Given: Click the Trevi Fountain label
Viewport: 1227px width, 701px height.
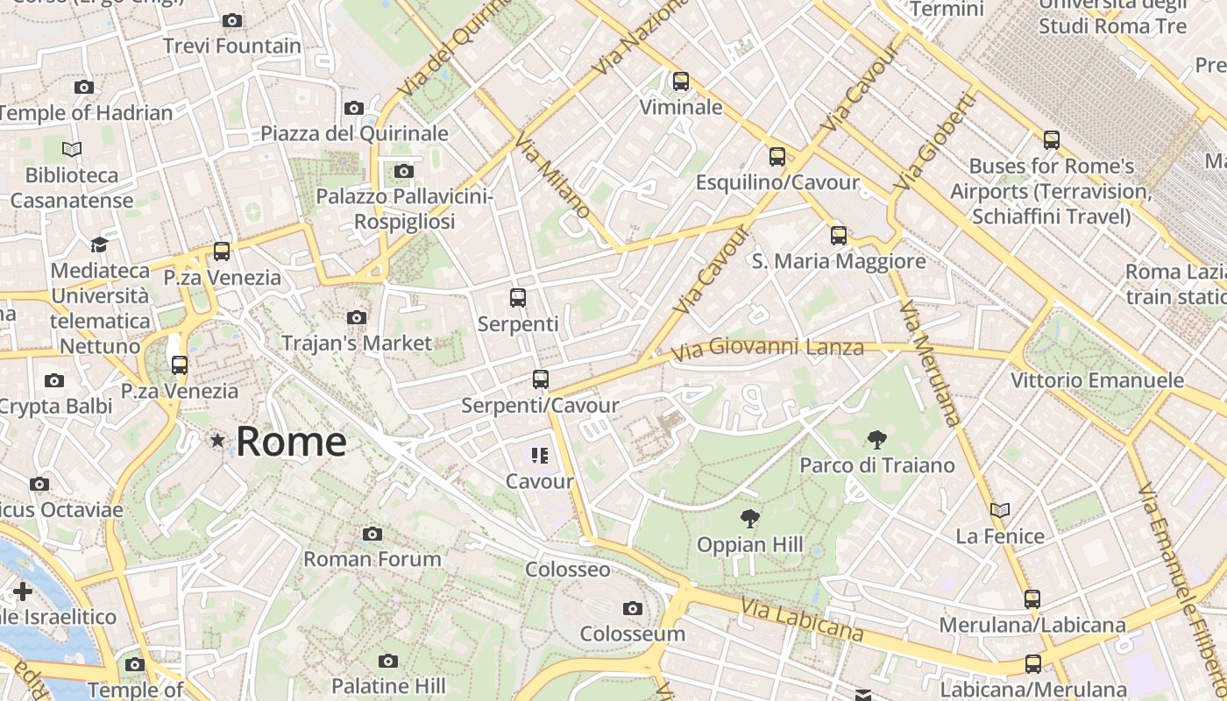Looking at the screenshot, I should [231, 46].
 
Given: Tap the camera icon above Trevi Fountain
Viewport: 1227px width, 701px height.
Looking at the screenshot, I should [232, 20].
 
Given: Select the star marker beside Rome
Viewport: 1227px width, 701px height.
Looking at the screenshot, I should [217, 440].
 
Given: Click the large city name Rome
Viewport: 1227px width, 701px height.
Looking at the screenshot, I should [291, 442].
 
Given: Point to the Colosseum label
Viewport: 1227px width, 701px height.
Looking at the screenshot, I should [632, 634].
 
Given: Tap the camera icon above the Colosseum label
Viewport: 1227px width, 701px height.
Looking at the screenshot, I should [632, 608].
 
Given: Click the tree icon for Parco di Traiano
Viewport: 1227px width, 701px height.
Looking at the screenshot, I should [876, 440].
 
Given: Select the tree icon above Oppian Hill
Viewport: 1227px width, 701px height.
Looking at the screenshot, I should [749, 519].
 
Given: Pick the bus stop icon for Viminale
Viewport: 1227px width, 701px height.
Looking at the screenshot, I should [681, 81].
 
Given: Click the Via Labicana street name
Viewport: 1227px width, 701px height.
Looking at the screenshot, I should [802, 620].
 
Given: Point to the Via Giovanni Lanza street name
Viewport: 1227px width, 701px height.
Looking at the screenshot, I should [768, 350].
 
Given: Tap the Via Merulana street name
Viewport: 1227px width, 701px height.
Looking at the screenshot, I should [929, 364].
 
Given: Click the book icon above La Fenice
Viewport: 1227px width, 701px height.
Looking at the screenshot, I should [1000, 510].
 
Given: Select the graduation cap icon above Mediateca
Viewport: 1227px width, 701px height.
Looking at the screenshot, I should [99, 244].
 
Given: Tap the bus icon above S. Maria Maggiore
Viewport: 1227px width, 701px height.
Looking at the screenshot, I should [839, 235].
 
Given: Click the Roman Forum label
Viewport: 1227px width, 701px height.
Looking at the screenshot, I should [372, 559].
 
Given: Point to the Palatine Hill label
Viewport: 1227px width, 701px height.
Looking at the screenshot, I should [388, 685].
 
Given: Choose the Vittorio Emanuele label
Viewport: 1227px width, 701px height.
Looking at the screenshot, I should [1097, 380].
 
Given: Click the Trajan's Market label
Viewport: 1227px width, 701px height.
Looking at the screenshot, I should [357, 343].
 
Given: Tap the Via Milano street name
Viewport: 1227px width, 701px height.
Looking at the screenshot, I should [553, 175].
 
